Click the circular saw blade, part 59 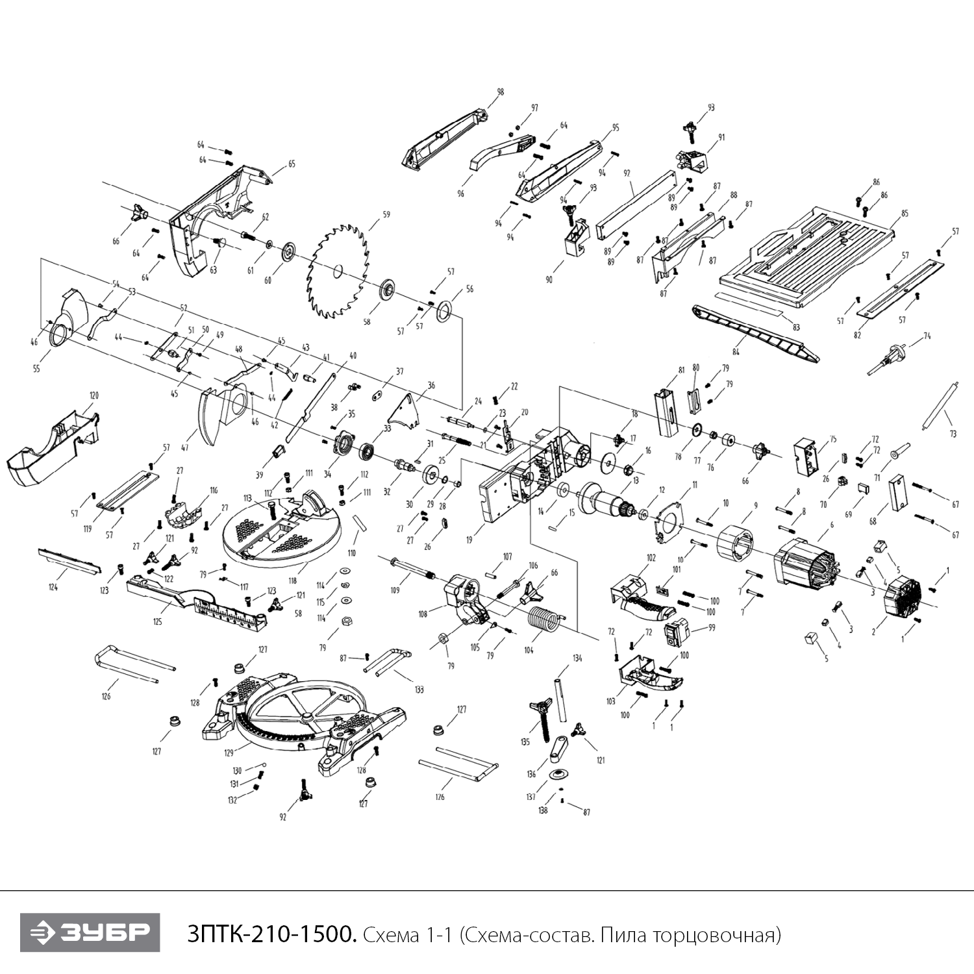coord(338,271)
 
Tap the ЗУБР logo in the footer coord(90,932)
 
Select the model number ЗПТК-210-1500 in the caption coord(271,934)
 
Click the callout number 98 coord(500,92)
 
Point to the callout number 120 coord(94,395)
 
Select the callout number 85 coord(905,214)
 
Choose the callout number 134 coord(577,658)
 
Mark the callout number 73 coord(953,434)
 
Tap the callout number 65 coord(292,164)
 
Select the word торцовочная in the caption coord(720,935)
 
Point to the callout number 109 coord(395,590)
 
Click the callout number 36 coord(431,386)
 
